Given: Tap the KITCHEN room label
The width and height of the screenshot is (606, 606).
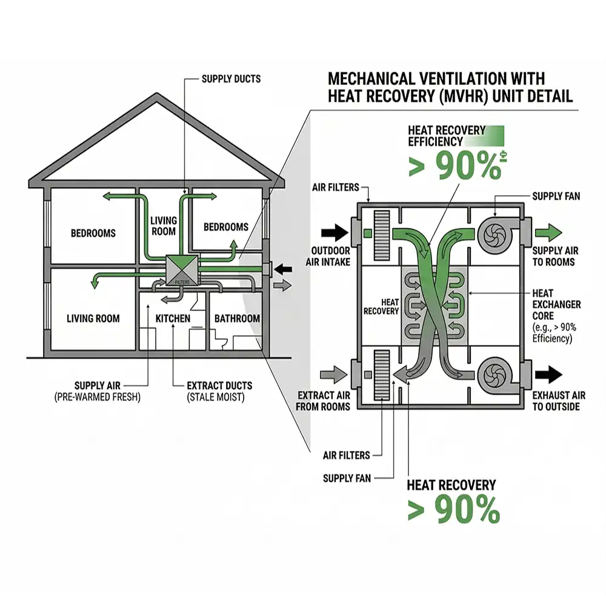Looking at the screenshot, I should click(x=173, y=318).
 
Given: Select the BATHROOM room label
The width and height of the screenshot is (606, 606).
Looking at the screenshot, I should click(x=237, y=318).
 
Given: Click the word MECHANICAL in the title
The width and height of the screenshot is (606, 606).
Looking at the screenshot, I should click(x=375, y=79).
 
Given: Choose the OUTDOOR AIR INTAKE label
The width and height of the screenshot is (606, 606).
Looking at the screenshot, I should click(x=330, y=256).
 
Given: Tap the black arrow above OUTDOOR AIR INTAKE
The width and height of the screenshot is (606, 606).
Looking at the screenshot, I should click(x=333, y=231).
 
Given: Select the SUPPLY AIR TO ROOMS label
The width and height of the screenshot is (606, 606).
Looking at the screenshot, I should click(x=554, y=256).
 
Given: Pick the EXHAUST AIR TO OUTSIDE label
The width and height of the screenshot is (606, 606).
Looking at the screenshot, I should click(x=559, y=401).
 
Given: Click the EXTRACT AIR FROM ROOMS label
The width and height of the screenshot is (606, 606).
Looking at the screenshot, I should click(x=324, y=401).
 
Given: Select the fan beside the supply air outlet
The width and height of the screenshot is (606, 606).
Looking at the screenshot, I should click(x=495, y=231).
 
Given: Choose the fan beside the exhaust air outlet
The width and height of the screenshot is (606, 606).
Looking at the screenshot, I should click(x=495, y=375).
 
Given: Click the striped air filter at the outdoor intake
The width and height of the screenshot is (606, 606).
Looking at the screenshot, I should click(x=382, y=233).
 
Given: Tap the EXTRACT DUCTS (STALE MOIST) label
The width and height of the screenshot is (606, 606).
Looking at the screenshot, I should click(x=219, y=391).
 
